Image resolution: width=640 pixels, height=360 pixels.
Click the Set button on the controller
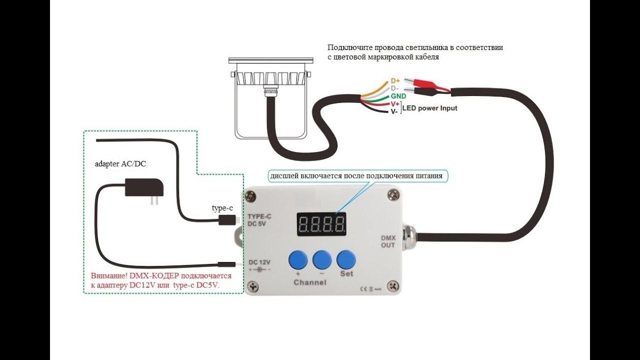click(x=346, y=260)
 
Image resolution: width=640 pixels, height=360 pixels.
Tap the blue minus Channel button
click(x=322, y=260)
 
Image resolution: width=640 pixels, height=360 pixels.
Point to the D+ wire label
click(x=395, y=81)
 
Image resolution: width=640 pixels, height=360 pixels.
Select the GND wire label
click(x=398, y=96)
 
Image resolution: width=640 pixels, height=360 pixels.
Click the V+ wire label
click(x=395, y=104)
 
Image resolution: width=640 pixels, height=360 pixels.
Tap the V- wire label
click(x=394, y=111)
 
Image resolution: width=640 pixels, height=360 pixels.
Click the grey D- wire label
click(x=394, y=88)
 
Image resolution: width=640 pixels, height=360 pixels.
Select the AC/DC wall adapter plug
click(x=144, y=190)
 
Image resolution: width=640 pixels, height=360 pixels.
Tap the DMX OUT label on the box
click(x=388, y=241)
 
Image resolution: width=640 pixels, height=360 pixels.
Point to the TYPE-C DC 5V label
click(x=259, y=220)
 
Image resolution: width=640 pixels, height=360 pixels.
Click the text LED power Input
click(x=430, y=108)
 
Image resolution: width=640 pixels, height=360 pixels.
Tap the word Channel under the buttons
click(x=310, y=283)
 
